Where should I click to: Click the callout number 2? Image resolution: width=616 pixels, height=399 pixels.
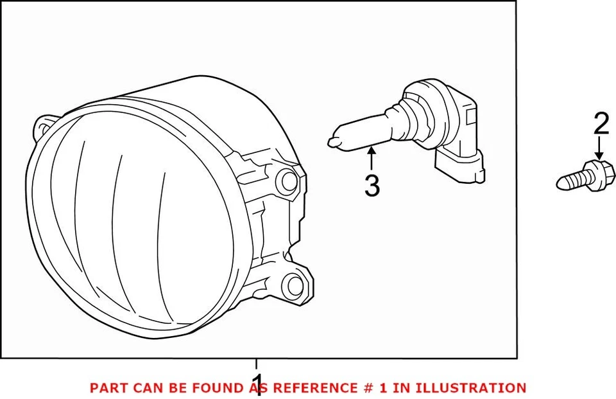(601, 124)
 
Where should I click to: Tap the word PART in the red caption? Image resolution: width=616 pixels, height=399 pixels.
(106, 388)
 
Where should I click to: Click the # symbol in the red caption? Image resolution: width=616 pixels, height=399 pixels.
(359, 388)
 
